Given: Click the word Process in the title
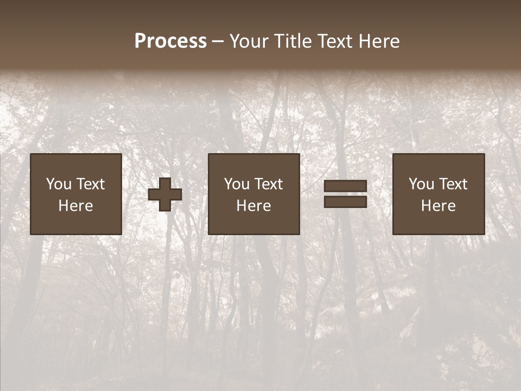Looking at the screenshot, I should (x=170, y=41).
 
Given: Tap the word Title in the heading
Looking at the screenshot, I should (x=294, y=41).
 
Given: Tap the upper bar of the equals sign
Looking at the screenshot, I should (x=345, y=186).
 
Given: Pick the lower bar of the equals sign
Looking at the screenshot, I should (x=345, y=201).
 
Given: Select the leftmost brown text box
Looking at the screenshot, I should (x=76, y=194).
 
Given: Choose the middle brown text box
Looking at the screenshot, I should (x=254, y=194).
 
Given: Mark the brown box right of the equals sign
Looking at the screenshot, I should (x=439, y=194).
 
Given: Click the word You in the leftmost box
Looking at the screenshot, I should (x=59, y=184).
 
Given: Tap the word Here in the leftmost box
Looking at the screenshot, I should (x=76, y=206).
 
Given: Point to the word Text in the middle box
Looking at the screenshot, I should (x=268, y=184).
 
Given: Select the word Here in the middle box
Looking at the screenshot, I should (x=254, y=206).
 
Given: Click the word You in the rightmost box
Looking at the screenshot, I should (x=421, y=184).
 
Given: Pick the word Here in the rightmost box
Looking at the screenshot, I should (x=439, y=206).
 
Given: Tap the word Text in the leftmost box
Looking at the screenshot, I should (x=90, y=184).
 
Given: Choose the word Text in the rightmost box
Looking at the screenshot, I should (x=453, y=184).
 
